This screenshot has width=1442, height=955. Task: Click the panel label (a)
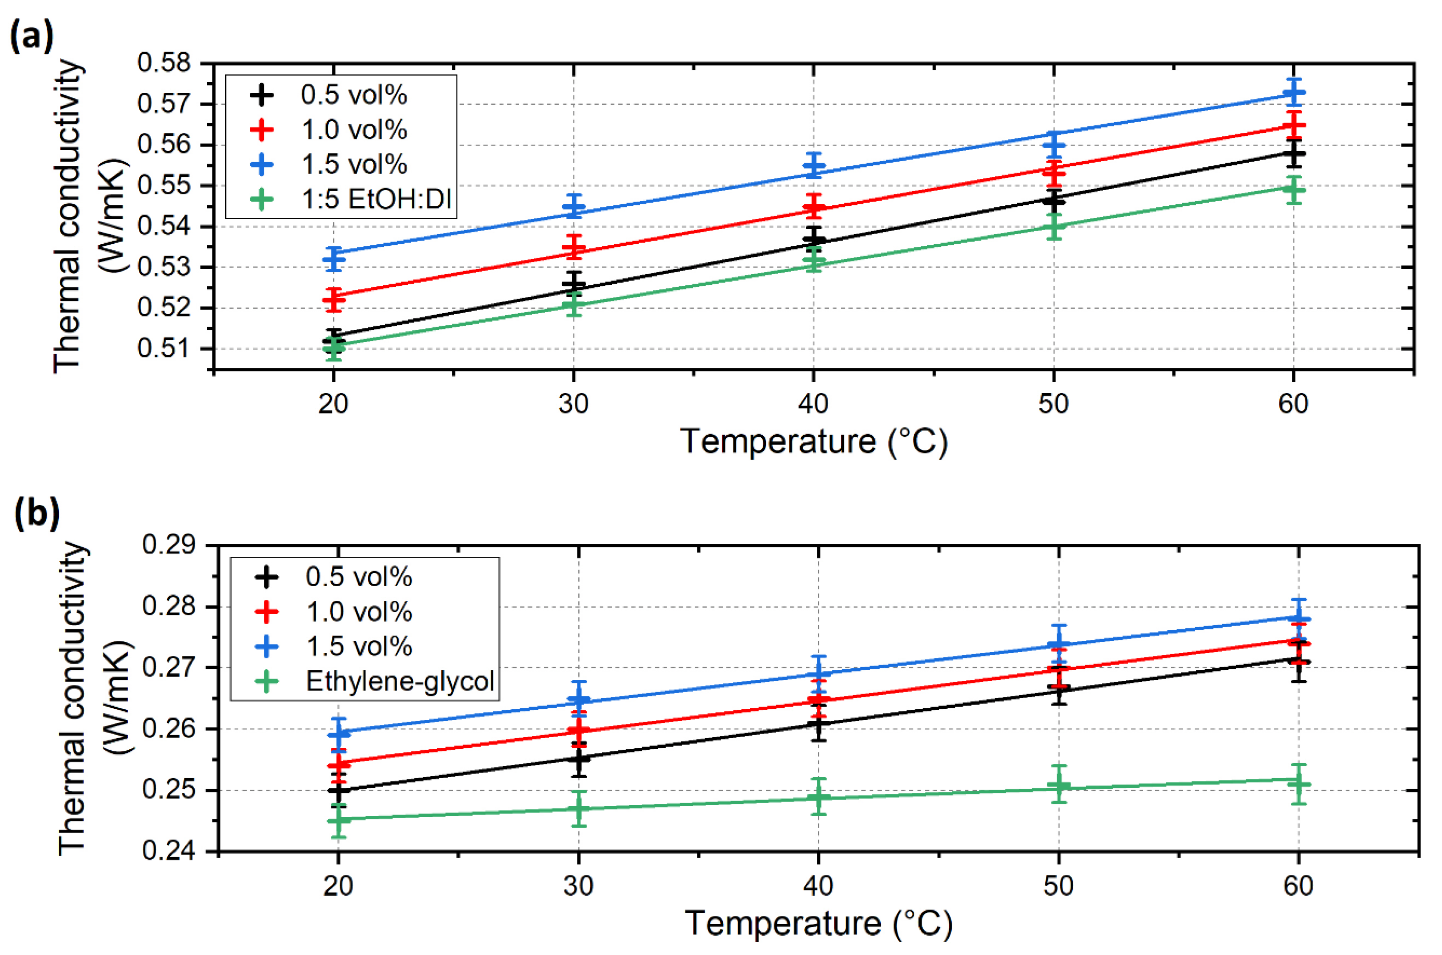pos(32,37)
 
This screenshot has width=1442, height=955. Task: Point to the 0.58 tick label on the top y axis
pos(163,63)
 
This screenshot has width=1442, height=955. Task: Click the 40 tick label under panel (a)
pos(813,404)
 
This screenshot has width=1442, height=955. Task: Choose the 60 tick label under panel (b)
pos(1298,886)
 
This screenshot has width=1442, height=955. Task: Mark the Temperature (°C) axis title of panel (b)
pos(818,923)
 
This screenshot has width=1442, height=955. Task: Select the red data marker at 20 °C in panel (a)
pos(333,299)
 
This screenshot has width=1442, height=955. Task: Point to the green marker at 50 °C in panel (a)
pos(1054,226)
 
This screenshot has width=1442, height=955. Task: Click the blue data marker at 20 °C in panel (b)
pos(338,735)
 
